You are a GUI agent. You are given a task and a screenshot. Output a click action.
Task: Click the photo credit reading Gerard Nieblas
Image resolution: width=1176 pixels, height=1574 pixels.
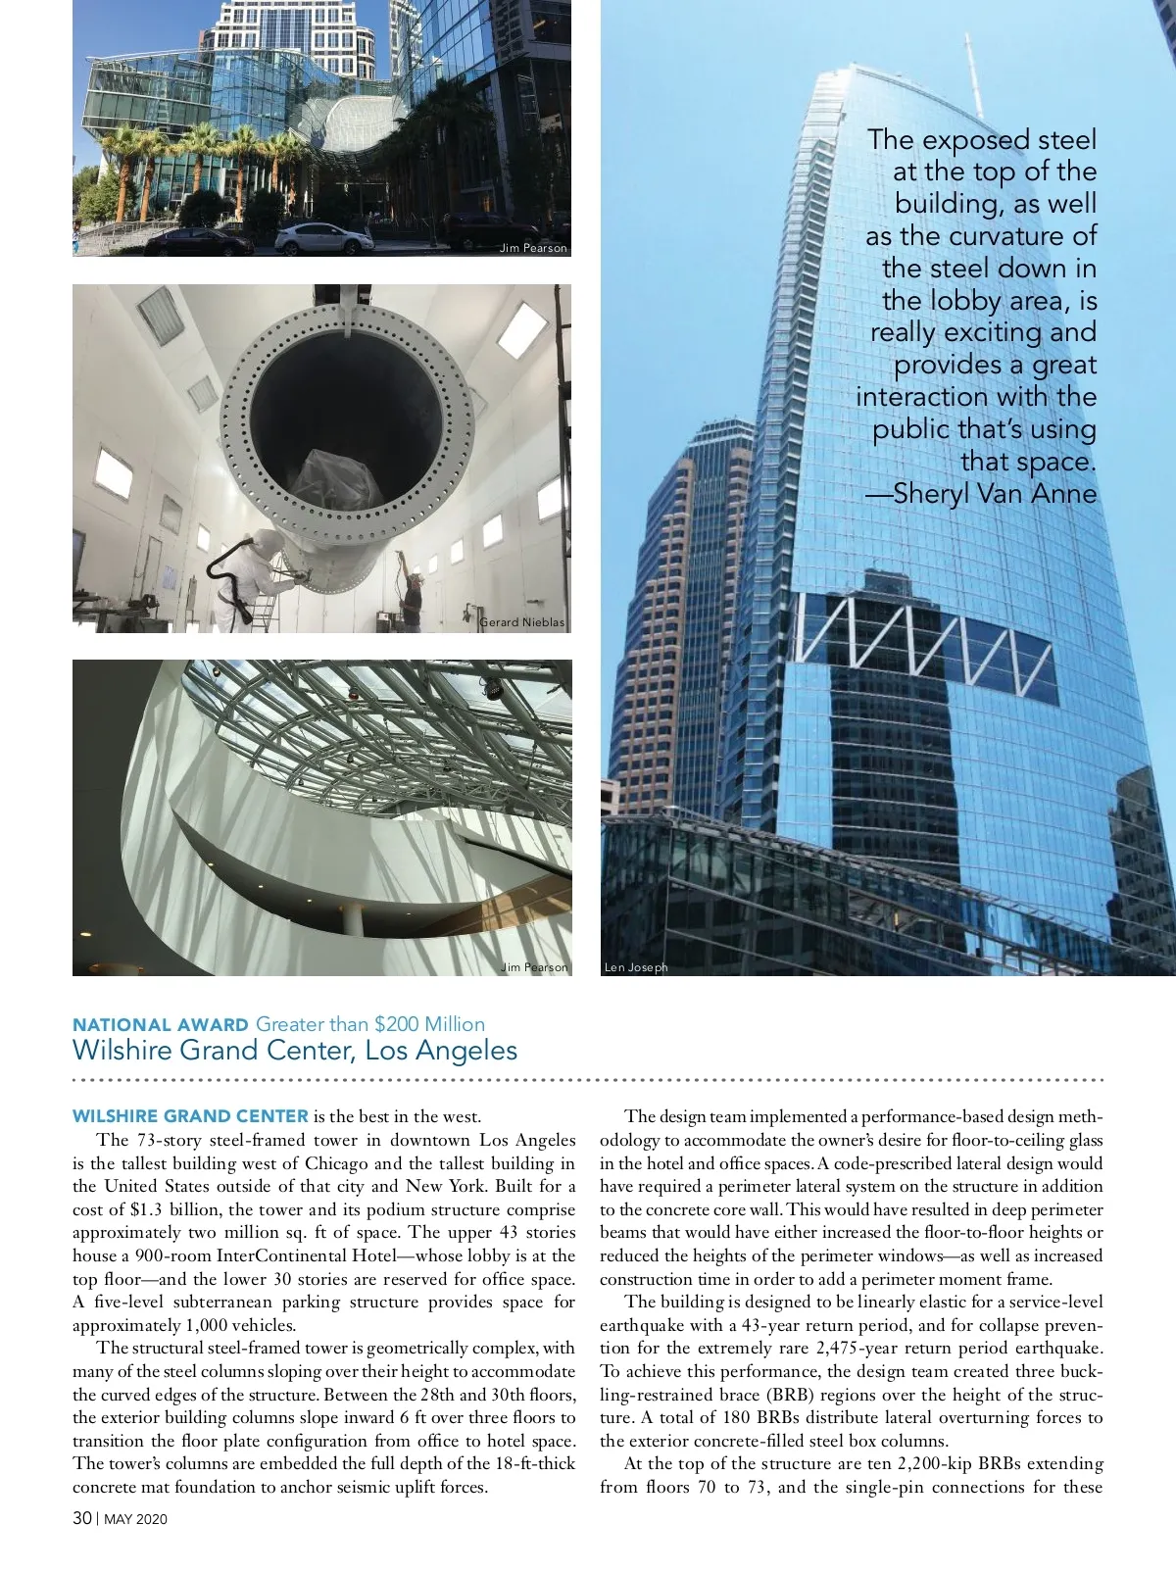click(522, 622)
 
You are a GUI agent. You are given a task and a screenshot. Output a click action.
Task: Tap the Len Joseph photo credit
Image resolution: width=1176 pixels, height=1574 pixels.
click(636, 967)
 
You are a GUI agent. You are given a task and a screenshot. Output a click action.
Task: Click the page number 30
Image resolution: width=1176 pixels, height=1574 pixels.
click(82, 1518)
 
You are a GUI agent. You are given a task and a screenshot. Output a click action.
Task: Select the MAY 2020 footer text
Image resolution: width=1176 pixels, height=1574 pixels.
click(135, 1519)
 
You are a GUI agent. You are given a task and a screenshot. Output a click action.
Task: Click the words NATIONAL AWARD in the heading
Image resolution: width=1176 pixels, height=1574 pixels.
click(161, 1025)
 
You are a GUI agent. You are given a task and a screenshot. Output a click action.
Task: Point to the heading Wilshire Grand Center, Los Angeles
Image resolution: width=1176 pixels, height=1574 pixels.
click(294, 1051)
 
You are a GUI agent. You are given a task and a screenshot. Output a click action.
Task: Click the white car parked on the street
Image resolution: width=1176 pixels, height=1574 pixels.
click(322, 238)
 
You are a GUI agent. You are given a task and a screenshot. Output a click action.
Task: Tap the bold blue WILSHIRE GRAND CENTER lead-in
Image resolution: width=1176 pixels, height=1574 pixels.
click(190, 1116)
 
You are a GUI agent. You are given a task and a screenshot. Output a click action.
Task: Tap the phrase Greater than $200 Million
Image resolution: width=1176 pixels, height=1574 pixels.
click(370, 1024)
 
